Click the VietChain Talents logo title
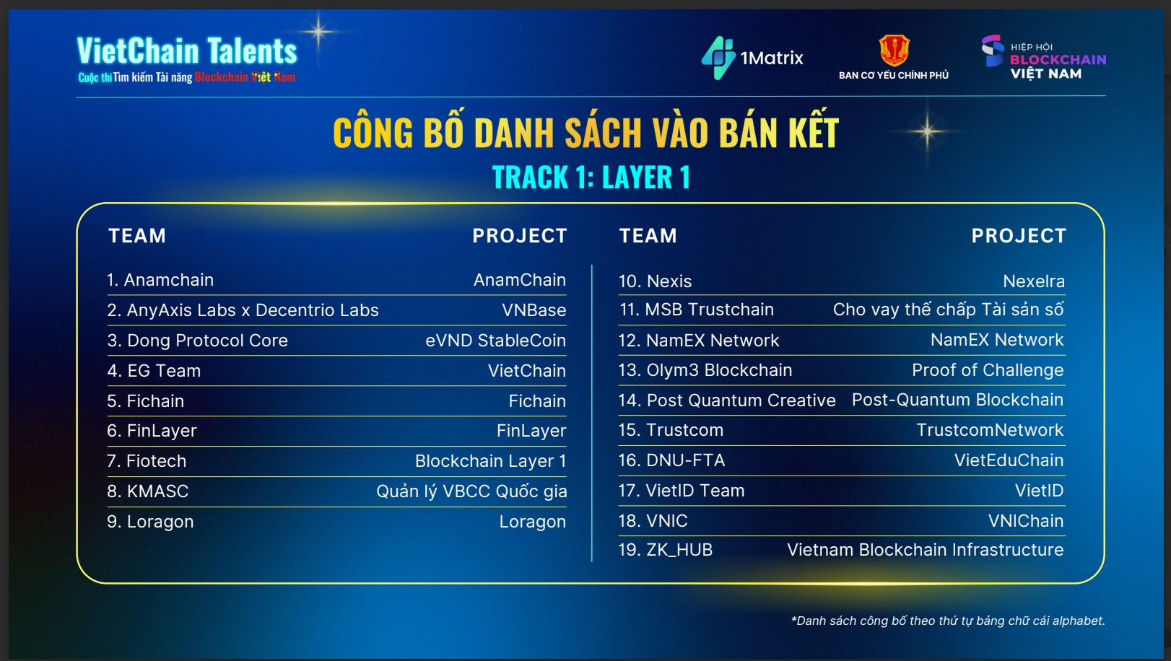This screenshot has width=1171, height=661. click(187, 52)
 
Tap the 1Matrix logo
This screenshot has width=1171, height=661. click(752, 58)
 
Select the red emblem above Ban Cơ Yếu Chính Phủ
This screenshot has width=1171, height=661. click(894, 51)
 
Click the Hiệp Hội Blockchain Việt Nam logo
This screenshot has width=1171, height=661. click(1044, 58)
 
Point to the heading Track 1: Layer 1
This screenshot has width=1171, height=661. click(591, 178)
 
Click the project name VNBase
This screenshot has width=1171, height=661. click(534, 310)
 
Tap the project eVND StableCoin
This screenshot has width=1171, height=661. click(495, 341)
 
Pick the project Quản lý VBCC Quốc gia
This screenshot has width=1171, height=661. click(471, 491)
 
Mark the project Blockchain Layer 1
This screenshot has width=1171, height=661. click(490, 461)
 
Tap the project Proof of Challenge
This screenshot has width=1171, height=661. click(987, 370)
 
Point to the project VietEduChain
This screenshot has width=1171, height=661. click(1009, 460)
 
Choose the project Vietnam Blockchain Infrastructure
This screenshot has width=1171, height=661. click(925, 550)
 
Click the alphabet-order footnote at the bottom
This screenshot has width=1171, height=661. click(948, 621)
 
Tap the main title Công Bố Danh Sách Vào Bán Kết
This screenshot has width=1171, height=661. click(585, 133)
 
